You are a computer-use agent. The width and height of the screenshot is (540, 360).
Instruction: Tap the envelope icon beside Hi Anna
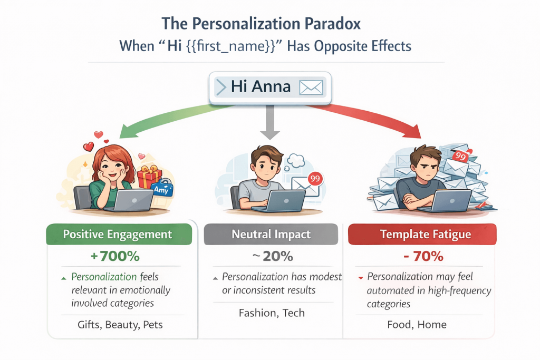coord(311,87)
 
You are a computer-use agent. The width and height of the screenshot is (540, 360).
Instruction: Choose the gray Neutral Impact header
coord(271,234)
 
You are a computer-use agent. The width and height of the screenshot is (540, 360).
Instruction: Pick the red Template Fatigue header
coord(422,234)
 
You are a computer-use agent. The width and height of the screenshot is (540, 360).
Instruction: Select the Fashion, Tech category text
coord(272,313)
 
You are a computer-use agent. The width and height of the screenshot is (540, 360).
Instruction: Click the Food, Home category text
coord(417,324)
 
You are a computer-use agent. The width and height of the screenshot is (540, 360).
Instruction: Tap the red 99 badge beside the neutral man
coord(315,179)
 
